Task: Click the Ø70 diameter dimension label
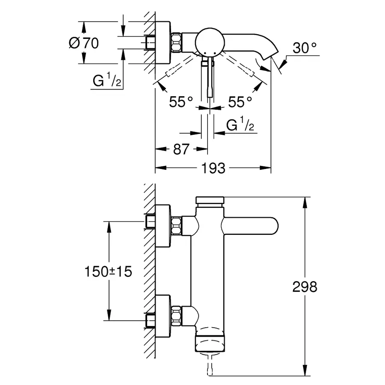[x=84, y=43]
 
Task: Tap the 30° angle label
[x=305, y=48]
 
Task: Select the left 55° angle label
[x=181, y=102]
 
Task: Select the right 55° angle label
[x=240, y=102]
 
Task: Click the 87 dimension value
[x=181, y=149]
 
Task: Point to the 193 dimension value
[x=213, y=168]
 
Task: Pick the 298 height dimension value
[x=305, y=287]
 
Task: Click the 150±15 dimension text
[x=108, y=272]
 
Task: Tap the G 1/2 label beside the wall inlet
[x=107, y=80]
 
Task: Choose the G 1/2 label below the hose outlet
[x=240, y=124]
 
